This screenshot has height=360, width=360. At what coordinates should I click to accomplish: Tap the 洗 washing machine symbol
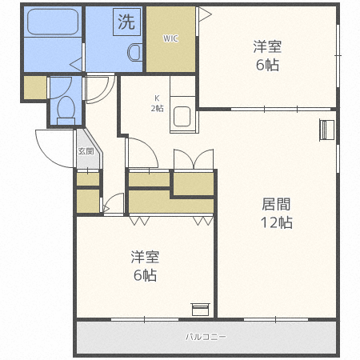126,21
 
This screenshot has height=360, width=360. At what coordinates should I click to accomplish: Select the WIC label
170,38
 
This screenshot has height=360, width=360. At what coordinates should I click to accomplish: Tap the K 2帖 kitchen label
158,102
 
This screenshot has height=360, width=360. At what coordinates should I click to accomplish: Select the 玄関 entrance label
86,150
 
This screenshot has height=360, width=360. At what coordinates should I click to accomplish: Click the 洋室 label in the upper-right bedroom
267,47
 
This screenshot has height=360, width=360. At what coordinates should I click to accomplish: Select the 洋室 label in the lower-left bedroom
145,257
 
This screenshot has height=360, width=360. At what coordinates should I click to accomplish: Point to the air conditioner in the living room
326,130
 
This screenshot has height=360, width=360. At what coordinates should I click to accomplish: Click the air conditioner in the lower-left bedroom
200,308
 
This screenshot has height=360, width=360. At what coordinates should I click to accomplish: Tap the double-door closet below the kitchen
193,159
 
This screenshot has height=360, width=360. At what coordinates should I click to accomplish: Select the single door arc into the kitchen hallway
141,151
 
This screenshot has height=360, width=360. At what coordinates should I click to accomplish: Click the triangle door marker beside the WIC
203,14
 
